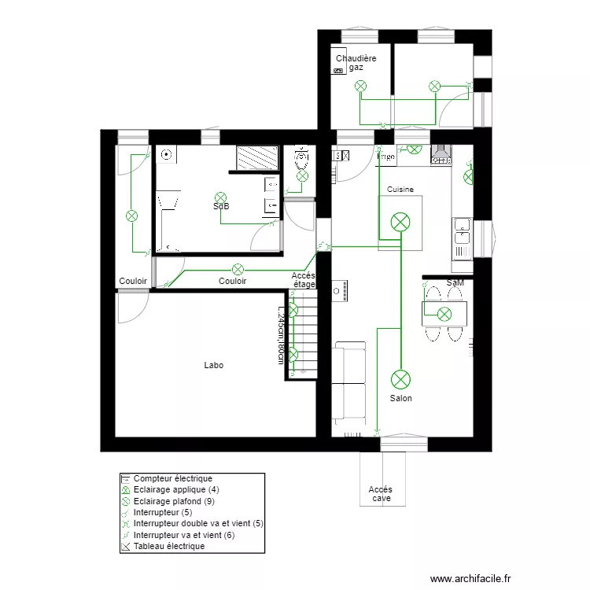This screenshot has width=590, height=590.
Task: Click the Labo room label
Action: point(213,365)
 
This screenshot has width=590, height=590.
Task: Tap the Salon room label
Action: point(400,398)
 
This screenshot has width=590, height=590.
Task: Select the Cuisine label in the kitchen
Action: point(400,190)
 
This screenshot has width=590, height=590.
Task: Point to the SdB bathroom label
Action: point(221,207)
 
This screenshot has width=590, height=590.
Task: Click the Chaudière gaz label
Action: point(356,63)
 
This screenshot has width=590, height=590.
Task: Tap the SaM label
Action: point(455,282)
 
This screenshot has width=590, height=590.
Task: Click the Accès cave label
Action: point(381,494)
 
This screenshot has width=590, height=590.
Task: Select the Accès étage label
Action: point(304,280)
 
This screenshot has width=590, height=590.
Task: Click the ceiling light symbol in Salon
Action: point(401,379)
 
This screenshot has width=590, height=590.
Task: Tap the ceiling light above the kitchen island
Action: point(401,223)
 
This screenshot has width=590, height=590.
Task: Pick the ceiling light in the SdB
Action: point(221,197)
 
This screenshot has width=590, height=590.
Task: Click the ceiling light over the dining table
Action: point(444,315)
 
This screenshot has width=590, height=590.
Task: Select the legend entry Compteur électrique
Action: point(172,478)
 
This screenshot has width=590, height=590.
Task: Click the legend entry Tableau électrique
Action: point(168,546)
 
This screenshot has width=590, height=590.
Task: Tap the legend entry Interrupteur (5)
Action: point(164,512)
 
